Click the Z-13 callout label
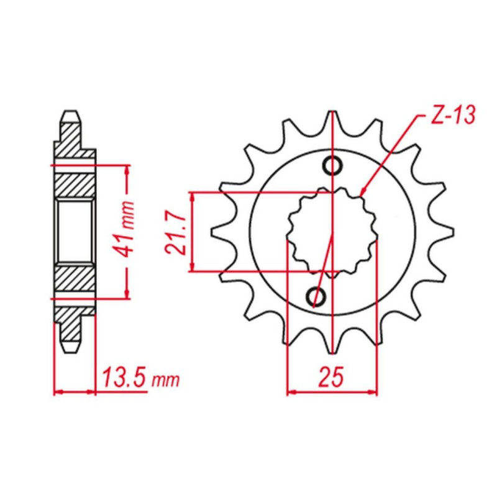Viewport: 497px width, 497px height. [454, 115]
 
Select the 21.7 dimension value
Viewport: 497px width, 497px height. [175, 234]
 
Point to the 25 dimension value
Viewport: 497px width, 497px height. [332, 377]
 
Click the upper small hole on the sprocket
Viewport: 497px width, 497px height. [332, 165]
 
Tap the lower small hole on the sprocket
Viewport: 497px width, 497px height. [316, 297]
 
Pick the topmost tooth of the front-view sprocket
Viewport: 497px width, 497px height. [332, 122]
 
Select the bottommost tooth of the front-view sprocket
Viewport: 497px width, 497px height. [332, 342]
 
